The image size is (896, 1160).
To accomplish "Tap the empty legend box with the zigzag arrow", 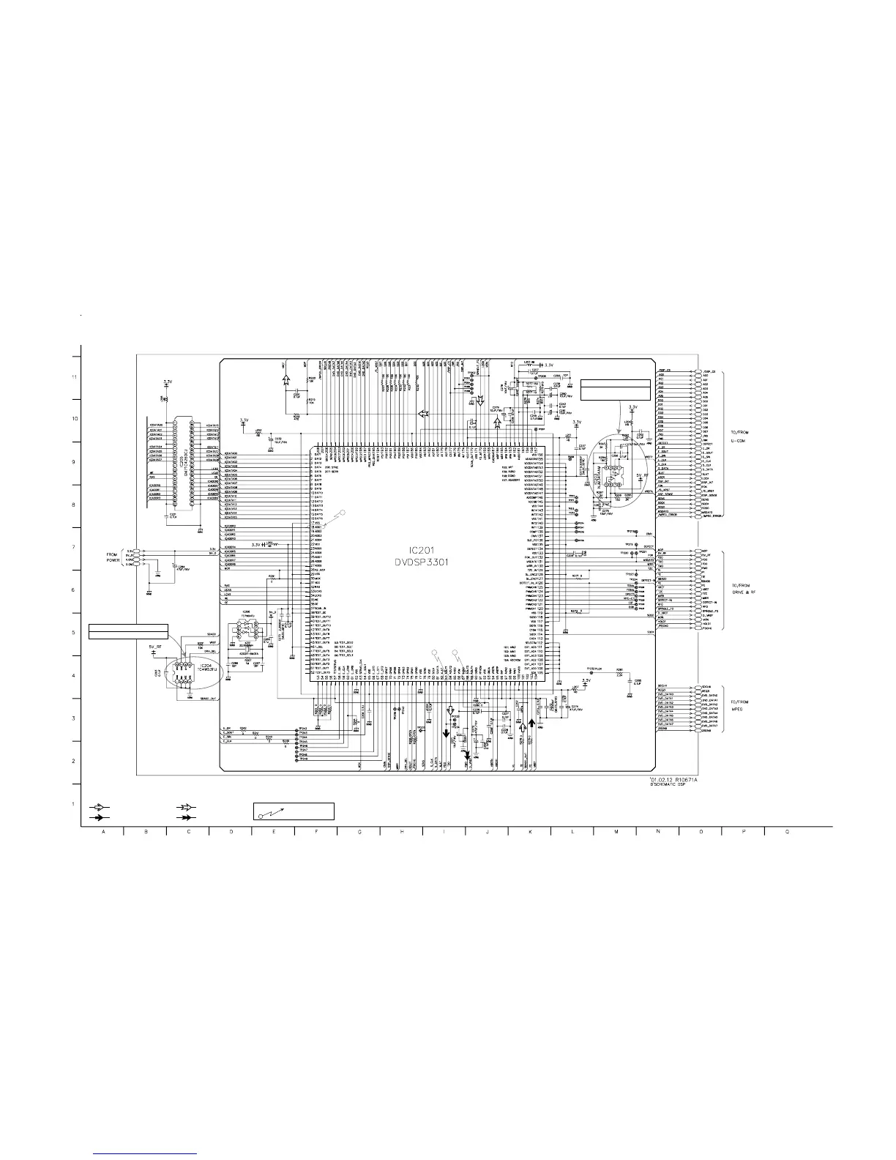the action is coord(294,811).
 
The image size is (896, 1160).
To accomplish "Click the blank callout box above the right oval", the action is coord(615,390).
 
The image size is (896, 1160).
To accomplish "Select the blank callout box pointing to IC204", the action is coord(128,631).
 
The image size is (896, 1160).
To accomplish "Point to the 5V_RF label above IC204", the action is coord(156,647).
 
